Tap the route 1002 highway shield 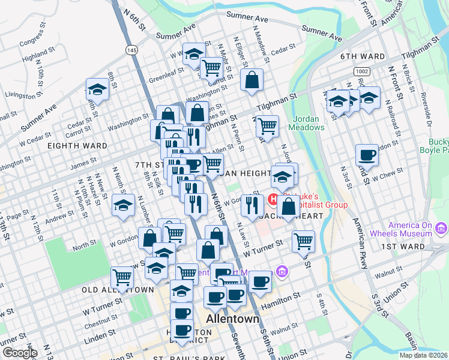click(361, 71)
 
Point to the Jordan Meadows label click(309, 123)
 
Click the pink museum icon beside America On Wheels click(442, 228)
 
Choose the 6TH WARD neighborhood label click(362, 56)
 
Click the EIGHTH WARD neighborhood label click(79, 146)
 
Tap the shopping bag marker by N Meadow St click(252, 79)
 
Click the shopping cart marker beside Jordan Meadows click(267, 125)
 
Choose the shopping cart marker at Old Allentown click(122, 277)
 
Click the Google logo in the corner click(19, 353)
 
